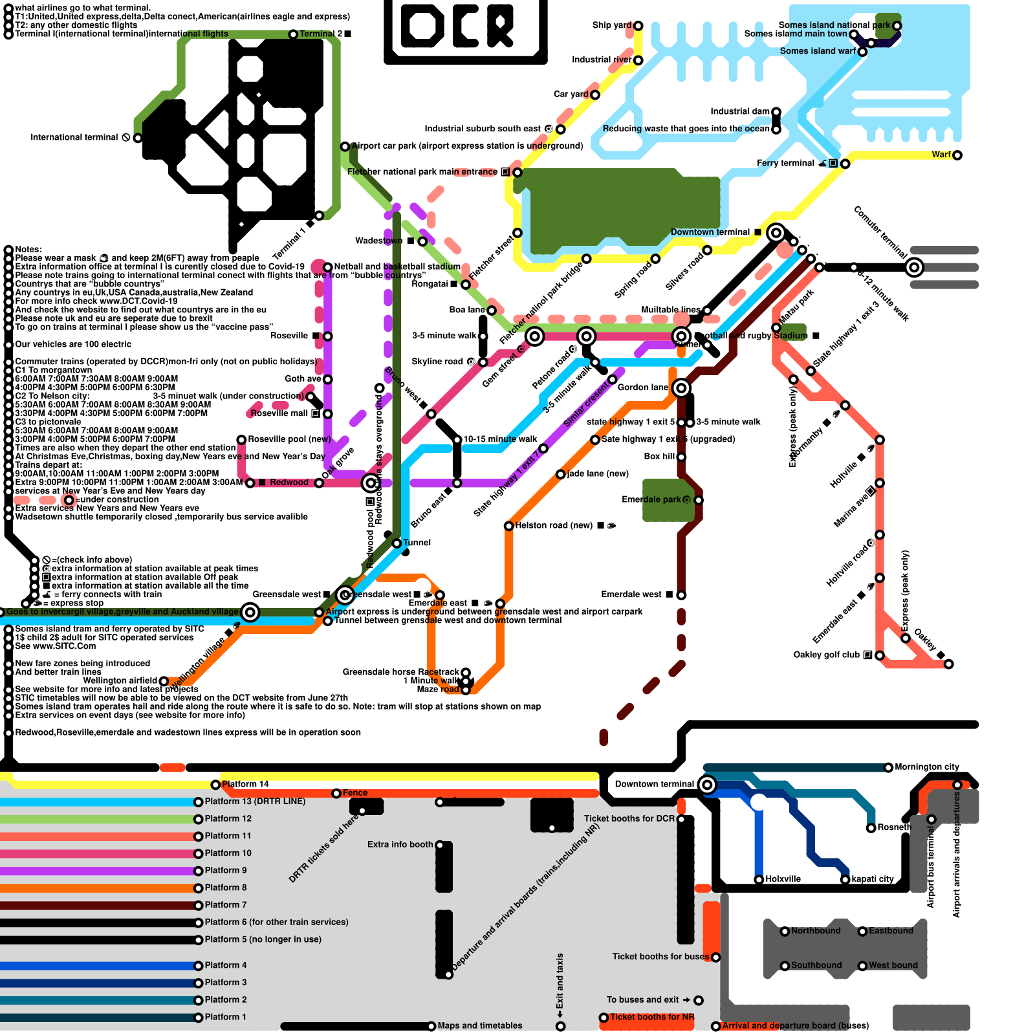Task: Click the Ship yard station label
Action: (611, 25)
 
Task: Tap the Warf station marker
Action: (957, 155)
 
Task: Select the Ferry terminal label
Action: (785, 163)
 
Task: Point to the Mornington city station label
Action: (926, 767)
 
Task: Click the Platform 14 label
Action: (245, 784)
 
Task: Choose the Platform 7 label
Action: (226, 905)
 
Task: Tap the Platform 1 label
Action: (226, 1017)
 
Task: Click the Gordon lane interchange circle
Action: (681, 388)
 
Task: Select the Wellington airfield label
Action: (120, 681)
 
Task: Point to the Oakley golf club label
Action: (826, 655)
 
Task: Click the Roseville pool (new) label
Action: (289, 439)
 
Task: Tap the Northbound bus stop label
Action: (816, 931)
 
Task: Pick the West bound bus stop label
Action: (893, 965)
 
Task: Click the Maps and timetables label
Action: (479, 1025)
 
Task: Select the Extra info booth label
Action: (400, 844)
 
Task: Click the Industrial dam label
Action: (740, 111)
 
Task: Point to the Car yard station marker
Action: (595, 95)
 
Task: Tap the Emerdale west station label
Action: (631, 594)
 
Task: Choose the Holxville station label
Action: (783, 879)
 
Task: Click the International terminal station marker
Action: (138, 138)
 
